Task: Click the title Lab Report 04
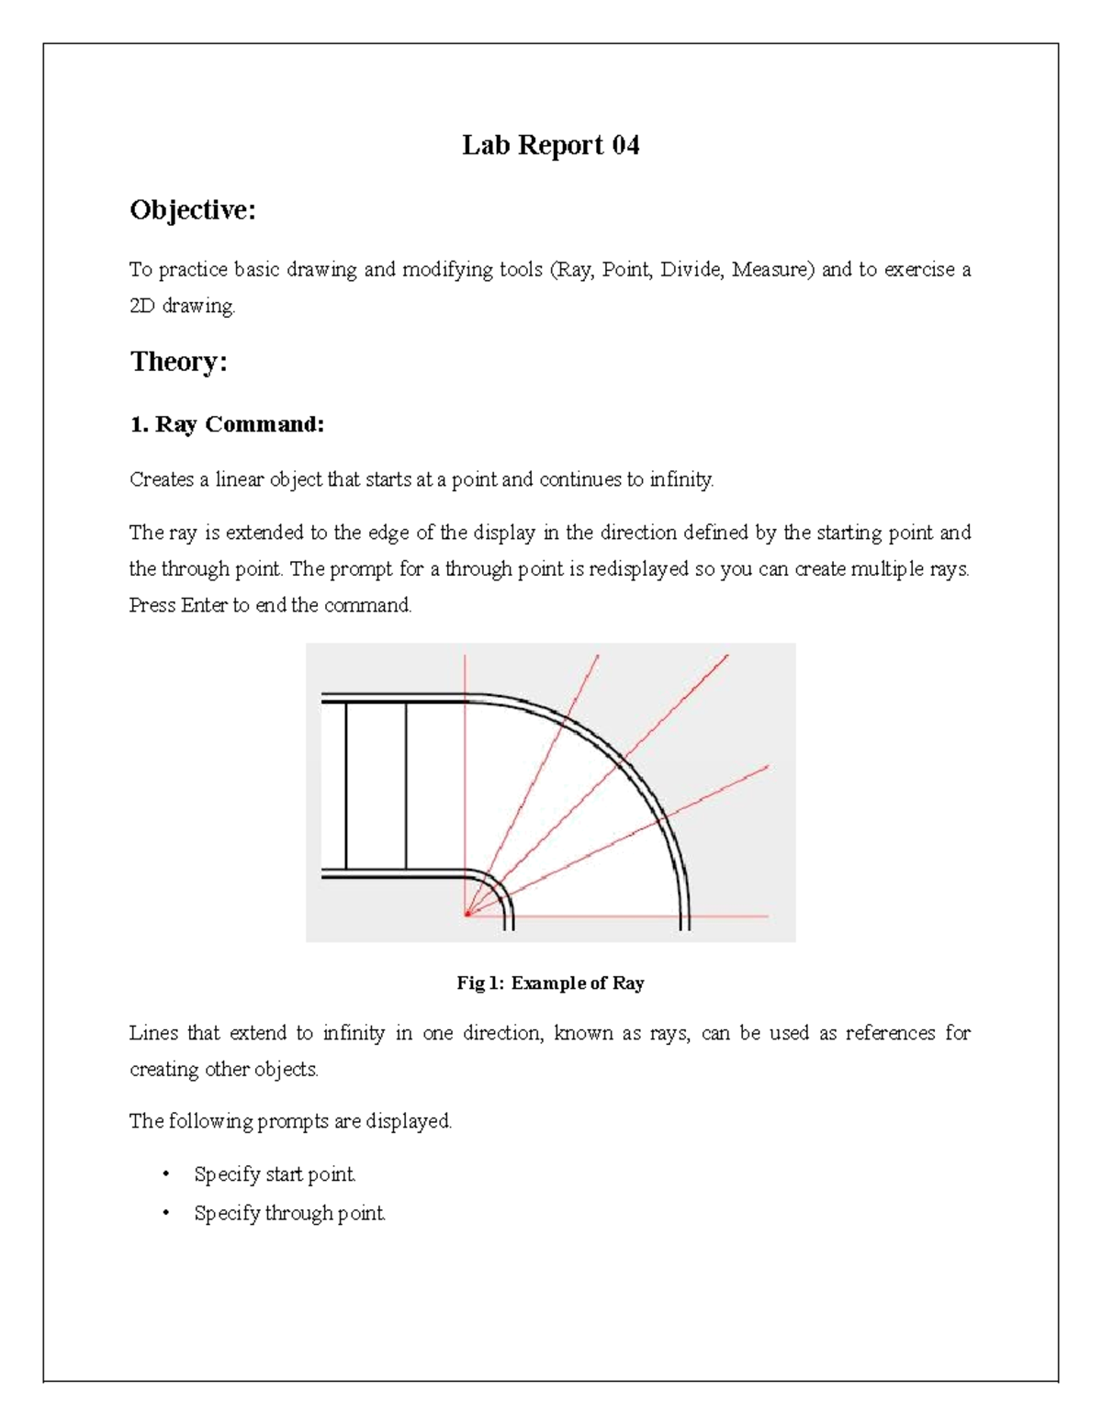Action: pos(550,145)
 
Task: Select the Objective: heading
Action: pos(192,210)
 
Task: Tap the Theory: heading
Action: pos(178,362)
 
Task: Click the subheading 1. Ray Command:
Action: pos(227,424)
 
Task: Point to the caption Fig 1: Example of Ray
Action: pos(550,983)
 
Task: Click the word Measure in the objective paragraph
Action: pos(771,270)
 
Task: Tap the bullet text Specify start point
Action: pos(275,1174)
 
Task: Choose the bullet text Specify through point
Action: pos(289,1214)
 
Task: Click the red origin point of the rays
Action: pos(467,915)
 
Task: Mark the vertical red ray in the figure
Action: pos(467,780)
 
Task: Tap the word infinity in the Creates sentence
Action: pos(680,479)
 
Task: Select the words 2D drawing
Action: pos(182,307)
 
